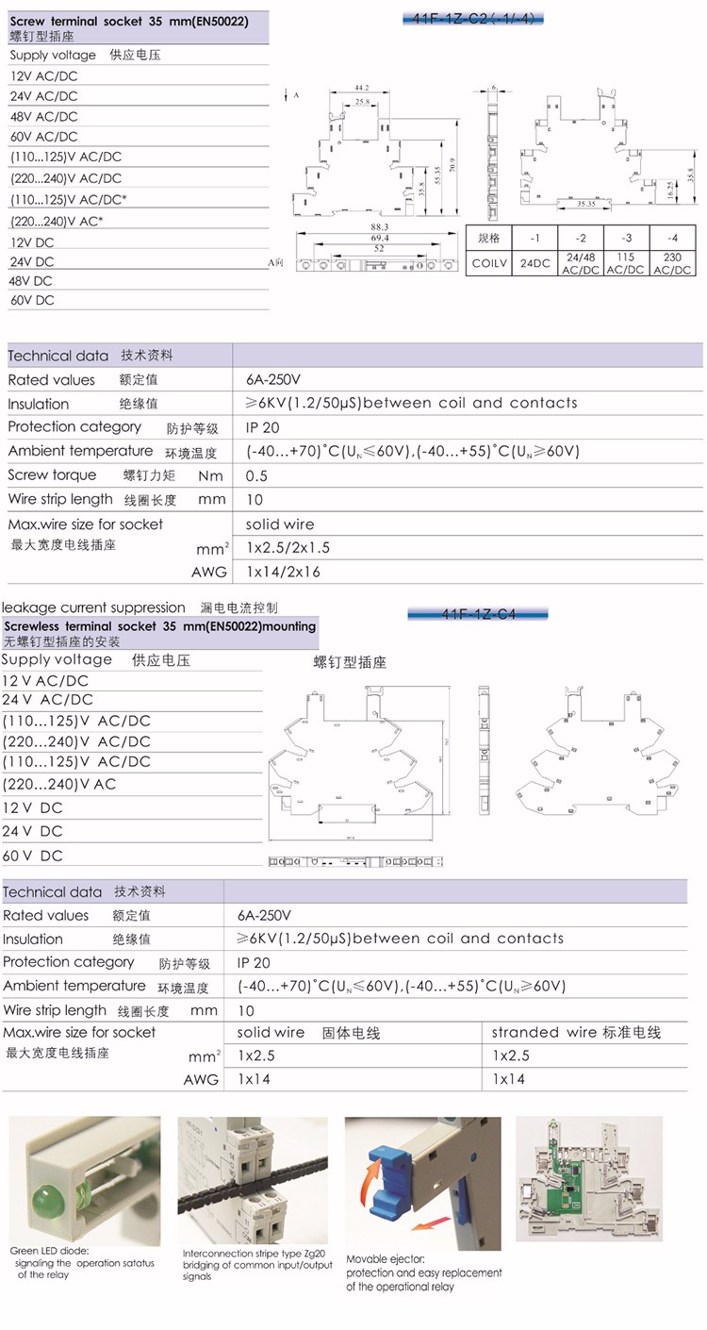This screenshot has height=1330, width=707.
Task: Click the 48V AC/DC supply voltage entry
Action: (44, 117)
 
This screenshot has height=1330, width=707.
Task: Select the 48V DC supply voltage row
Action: (31, 281)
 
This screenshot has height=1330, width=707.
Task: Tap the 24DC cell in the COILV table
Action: (534, 263)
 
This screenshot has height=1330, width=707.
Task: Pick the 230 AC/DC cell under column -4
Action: (672, 262)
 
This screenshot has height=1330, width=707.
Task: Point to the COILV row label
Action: (488, 263)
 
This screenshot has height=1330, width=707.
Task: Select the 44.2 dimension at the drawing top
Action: (360, 88)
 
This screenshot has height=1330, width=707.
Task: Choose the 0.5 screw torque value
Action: (256, 475)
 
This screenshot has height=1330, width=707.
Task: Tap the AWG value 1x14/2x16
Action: (283, 572)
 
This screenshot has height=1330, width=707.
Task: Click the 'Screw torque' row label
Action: (52, 475)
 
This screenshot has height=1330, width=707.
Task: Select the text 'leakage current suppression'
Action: (94, 607)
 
